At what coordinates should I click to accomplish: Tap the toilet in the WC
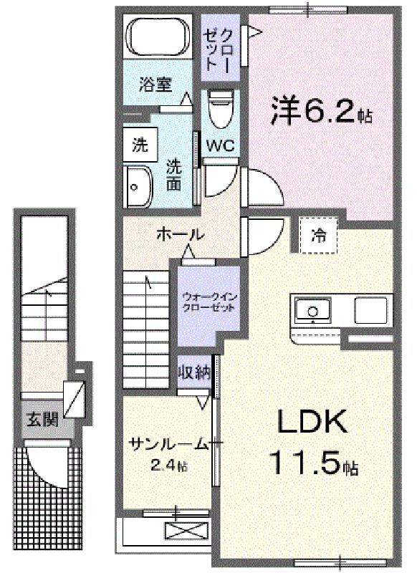point(220,110)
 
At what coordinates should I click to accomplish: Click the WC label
point(221,146)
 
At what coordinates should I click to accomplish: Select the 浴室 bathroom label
point(155,85)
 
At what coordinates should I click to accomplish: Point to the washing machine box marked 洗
point(140,145)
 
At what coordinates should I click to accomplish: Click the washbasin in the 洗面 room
point(138,187)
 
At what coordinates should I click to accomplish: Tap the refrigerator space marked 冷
point(318,236)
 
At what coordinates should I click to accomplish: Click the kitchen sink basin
point(313,311)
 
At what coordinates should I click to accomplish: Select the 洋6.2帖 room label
point(321,111)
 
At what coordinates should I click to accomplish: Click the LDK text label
point(312,421)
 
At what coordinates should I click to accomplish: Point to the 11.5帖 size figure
point(313,463)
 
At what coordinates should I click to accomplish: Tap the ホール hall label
point(180,234)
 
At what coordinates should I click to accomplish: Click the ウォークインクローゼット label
point(209,302)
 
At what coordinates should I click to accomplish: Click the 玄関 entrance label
point(42,420)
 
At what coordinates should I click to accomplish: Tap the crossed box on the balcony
point(187,531)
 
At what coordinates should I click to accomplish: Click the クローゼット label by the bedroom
point(219,49)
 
